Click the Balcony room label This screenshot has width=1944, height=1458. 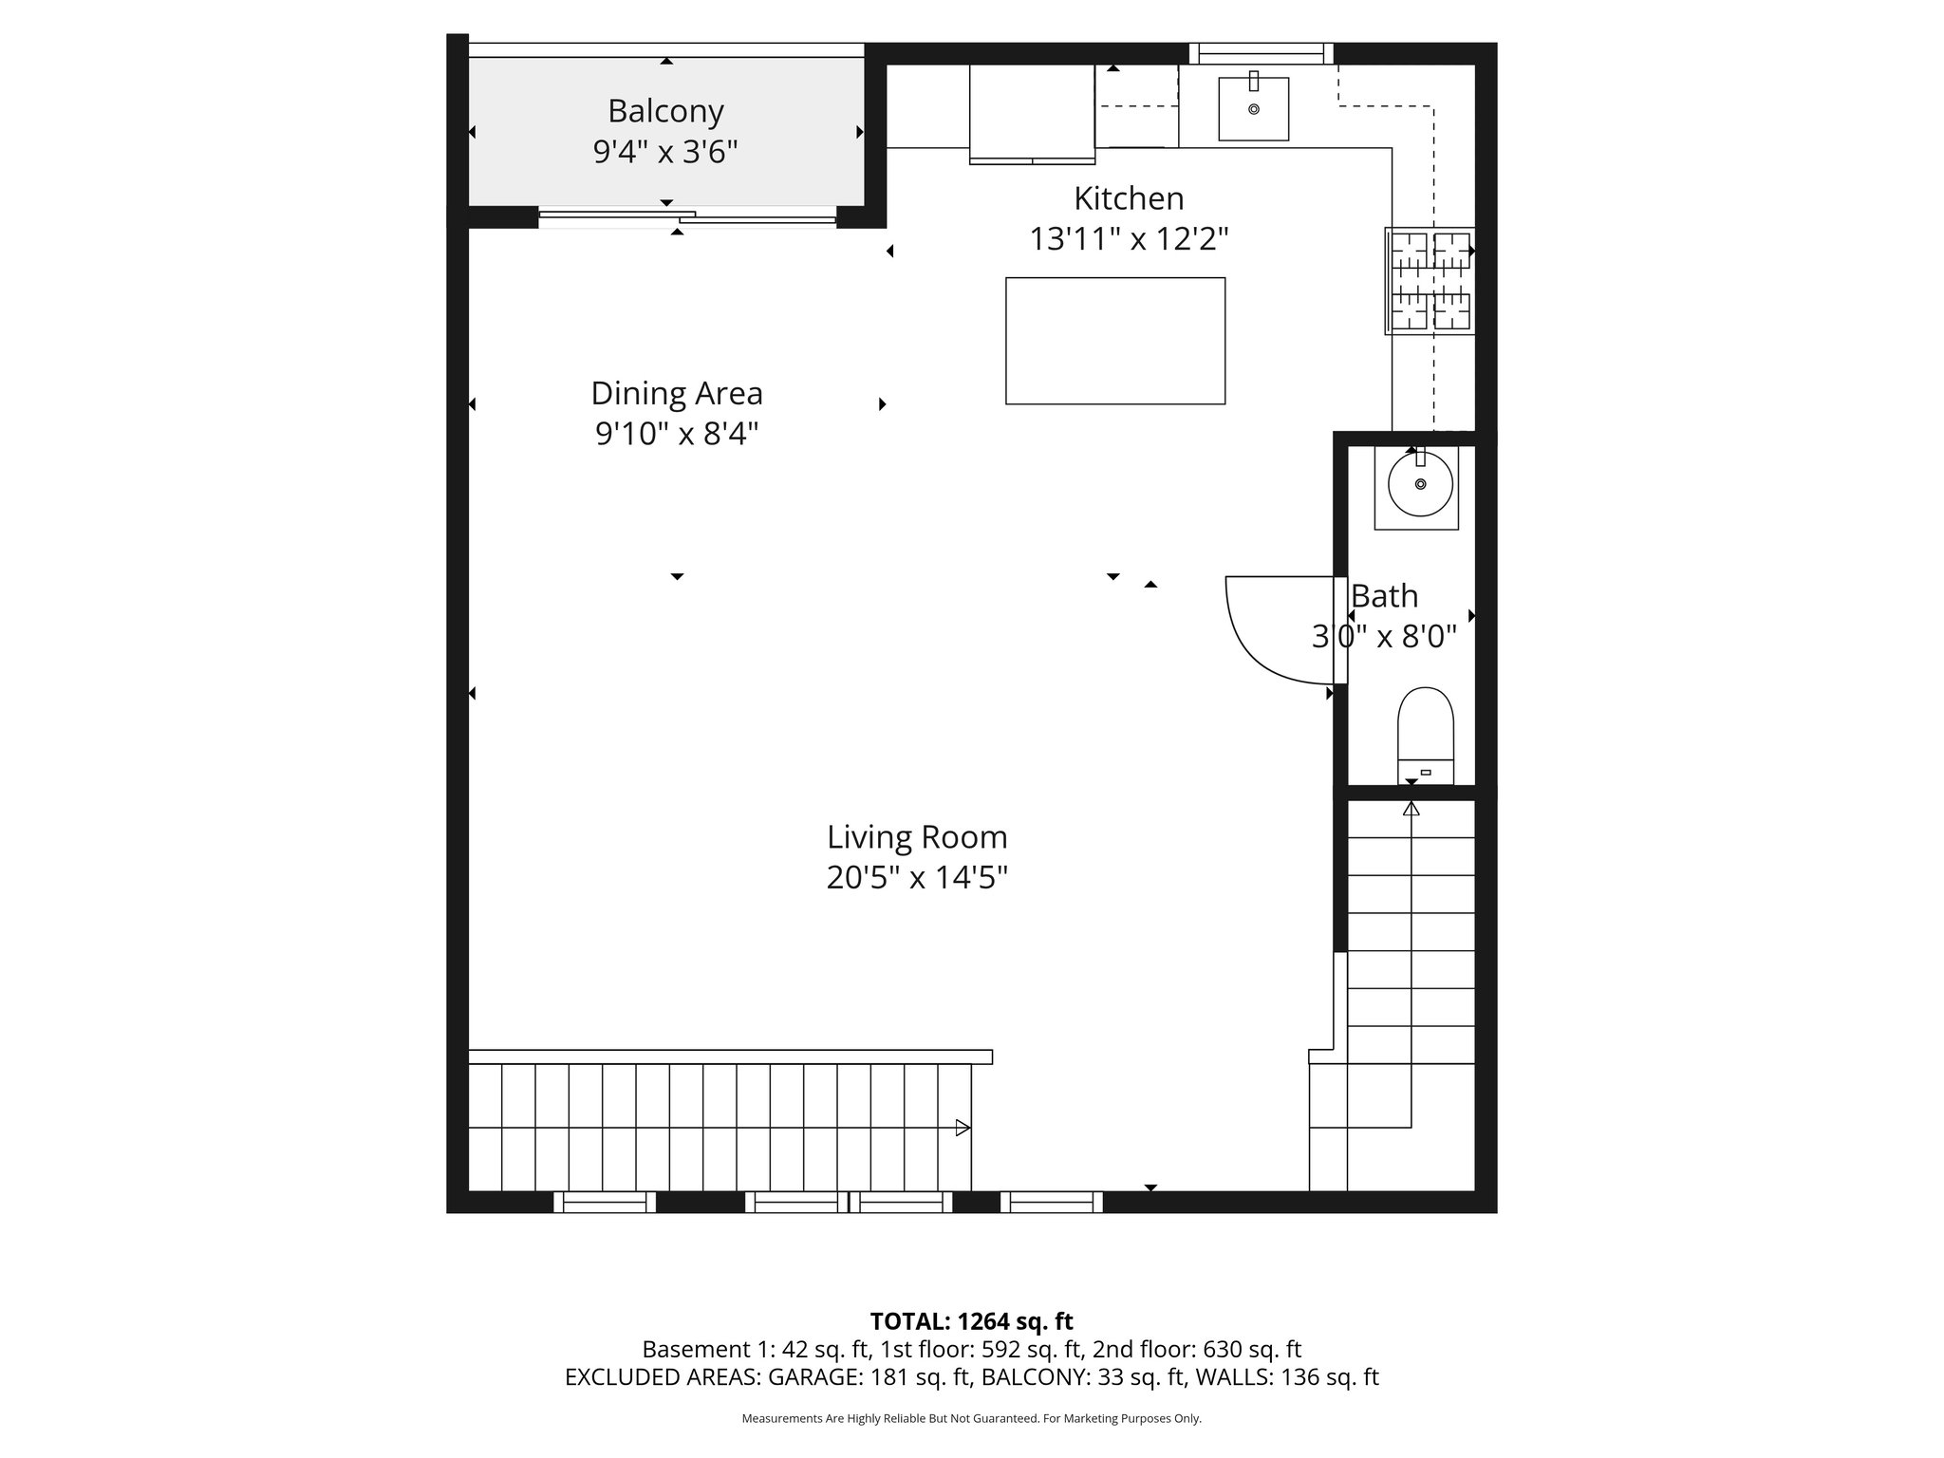pyautogui.click(x=665, y=112)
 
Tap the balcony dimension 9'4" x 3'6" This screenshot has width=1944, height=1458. pyautogui.click(x=665, y=152)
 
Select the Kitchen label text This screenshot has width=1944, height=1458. pyautogui.click(x=1129, y=198)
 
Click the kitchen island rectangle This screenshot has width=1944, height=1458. pyautogui.click(x=1114, y=341)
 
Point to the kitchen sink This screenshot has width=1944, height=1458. pyautogui.click(x=1253, y=109)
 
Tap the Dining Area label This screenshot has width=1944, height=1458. pyautogui.click(x=676, y=393)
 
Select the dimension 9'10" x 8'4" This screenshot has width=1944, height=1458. pyautogui.click(x=676, y=434)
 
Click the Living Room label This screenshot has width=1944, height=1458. pyautogui.click(x=916, y=837)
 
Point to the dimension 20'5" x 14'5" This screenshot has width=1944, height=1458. pyautogui.click(x=916, y=878)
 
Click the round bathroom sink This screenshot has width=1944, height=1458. pyautogui.click(x=1420, y=484)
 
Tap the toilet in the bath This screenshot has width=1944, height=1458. pyautogui.click(x=1426, y=731)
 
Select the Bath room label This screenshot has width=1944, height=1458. pyautogui.click(x=1384, y=596)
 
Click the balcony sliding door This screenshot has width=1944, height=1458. pyautogui.click(x=687, y=217)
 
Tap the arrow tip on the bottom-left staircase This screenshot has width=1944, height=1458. pyautogui.click(x=963, y=1128)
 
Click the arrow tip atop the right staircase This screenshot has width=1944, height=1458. pyautogui.click(x=1411, y=809)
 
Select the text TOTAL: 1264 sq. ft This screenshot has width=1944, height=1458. pyautogui.click(x=971, y=1321)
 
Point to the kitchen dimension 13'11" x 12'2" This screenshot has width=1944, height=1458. pyautogui.click(x=1129, y=239)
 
